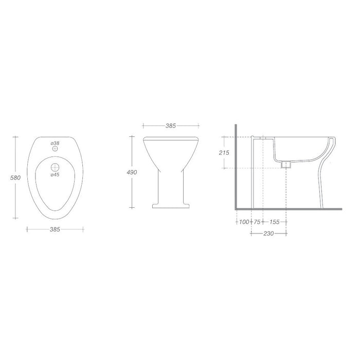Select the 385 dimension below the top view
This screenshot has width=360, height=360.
(55, 229)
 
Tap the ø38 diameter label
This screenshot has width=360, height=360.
(55, 142)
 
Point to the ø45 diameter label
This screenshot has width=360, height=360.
(55, 174)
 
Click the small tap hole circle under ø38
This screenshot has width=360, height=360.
(55, 149)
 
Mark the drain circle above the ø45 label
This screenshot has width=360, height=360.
(55, 167)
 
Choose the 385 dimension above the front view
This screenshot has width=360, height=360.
(171, 125)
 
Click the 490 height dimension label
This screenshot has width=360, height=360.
(132, 173)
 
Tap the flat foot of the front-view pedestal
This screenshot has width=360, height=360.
(171, 207)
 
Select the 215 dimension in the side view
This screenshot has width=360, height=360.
(223, 152)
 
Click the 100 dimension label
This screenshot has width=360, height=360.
(243, 222)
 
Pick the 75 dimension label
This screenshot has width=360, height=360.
(257, 222)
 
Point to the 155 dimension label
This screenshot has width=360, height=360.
(274, 222)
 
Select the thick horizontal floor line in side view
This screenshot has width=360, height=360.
(288, 210)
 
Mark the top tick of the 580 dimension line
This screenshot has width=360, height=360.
(15, 136)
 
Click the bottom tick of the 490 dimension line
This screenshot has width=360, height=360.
(132, 208)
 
